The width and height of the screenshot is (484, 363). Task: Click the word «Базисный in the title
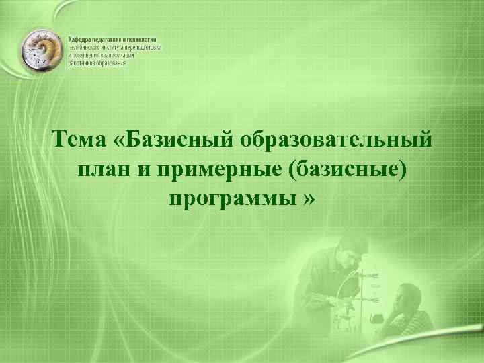172,141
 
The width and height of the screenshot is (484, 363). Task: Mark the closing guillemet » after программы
309,200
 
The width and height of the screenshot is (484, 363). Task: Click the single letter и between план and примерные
144,171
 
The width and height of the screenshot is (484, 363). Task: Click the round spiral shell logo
42,52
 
